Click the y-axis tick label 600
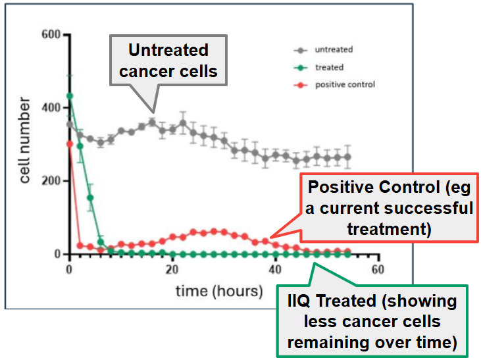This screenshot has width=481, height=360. pos(51,34)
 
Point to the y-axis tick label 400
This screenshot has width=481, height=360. pos(51,107)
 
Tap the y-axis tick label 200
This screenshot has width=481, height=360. pos(51,181)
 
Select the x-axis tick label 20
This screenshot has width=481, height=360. pos(172,269)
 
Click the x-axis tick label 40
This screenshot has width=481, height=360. pos(275,269)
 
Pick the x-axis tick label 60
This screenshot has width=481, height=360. pos(377,269)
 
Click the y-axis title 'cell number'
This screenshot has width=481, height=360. pos(24,140)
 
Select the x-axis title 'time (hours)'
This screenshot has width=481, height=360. pos(218,290)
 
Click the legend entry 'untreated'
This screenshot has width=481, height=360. pos(334,49)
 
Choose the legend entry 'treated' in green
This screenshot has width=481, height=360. pos(329,67)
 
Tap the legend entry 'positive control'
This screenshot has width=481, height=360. pos(345,84)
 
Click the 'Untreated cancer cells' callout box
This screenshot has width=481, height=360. pos(168,61)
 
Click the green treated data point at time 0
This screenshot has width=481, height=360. pos(70,96)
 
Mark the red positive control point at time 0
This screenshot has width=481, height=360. pos(70,144)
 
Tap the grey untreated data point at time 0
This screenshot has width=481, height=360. pos(70,124)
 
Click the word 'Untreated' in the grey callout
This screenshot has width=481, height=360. pos(168,51)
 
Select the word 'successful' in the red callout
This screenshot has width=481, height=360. pos(429,209)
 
